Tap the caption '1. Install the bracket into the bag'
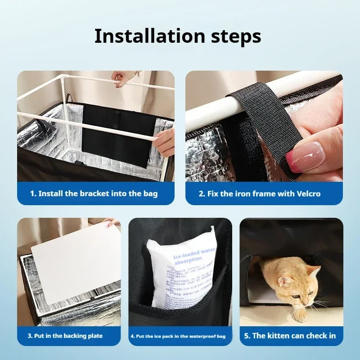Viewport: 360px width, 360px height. (x=94, y=193)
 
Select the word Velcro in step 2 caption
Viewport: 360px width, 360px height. (x=309, y=193)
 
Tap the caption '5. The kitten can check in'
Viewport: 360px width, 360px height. (x=291, y=336)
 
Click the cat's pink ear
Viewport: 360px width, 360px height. (x=284, y=282)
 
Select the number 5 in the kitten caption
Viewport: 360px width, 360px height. (x=246, y=336)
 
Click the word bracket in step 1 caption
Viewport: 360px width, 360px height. (x=94, y=193)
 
